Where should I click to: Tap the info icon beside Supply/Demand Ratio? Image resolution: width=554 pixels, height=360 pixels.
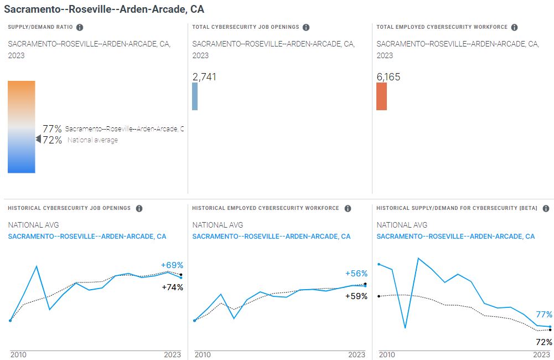(80, 27)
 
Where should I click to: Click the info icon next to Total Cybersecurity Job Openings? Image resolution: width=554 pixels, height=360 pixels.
(306, 27)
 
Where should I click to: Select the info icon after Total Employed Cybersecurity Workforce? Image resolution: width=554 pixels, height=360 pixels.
(514, 27)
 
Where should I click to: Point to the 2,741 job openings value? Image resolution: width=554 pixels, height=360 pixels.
(204, 76)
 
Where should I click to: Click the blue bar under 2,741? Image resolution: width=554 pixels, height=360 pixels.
(195, 96)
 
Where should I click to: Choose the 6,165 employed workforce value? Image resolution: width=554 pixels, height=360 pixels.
(389, 77)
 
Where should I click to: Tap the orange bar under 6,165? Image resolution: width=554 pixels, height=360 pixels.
(381, 96)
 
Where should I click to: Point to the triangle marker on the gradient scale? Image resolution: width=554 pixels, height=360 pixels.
(38, 140)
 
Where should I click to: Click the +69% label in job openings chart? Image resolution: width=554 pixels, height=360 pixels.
(172, 265)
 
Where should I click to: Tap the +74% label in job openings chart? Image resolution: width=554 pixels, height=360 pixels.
(172, 287)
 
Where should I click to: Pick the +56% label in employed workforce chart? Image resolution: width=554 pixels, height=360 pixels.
(356, 274)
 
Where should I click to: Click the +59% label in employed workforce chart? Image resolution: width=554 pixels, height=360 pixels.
(356, 296)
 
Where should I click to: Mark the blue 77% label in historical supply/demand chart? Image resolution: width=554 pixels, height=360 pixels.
(544, 314)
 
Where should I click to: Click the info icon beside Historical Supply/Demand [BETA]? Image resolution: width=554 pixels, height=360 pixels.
(546, 208)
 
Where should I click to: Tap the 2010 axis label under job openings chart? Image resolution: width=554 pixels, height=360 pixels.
(18, 354)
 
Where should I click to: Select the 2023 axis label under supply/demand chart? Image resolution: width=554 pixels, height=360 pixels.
(541, 354)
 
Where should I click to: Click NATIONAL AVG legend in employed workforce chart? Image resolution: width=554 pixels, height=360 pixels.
(218, 225)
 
